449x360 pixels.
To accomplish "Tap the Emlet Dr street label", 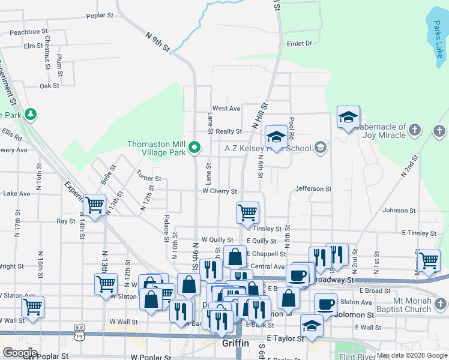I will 300,43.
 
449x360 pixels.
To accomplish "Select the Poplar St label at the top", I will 100,16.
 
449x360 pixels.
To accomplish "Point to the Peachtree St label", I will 28,31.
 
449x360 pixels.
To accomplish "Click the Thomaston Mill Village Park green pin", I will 194,146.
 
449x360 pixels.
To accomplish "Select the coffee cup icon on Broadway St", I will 298,275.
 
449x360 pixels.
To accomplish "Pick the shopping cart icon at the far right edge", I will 428,260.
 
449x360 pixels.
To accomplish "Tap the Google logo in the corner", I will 20,353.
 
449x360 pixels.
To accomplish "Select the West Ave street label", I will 226,109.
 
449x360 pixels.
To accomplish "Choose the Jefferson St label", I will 313,189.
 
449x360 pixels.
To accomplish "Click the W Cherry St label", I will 219,191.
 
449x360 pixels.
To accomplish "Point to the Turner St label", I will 149,178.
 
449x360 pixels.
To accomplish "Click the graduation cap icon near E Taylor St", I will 312,326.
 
